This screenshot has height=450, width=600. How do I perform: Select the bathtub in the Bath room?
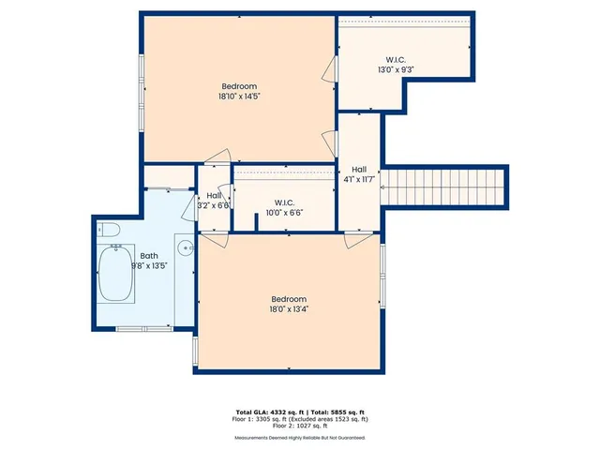[117, 274]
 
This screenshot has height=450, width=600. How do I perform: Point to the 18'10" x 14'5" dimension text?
[239, 96]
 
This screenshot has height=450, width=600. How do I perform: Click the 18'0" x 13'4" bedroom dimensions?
[290, 309]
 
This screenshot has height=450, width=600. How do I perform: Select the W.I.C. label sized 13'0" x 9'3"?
[397, 69]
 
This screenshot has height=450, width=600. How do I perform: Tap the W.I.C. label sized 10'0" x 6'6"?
[286, 213]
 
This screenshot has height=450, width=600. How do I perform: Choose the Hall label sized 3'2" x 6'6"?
[214, 205]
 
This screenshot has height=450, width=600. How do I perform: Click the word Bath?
[149, 255]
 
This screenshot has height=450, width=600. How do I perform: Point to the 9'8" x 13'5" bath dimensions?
[149, 265]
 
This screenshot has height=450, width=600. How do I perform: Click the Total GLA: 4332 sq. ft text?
[265, 412]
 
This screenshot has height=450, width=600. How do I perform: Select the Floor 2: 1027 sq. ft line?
[300, 427]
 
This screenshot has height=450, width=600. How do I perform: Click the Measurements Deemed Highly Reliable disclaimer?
[300, 437]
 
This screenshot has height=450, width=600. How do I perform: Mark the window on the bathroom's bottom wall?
[143, 327]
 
